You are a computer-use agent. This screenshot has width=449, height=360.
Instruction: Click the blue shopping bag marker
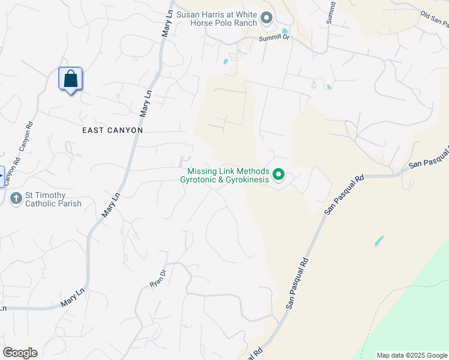(70, 79)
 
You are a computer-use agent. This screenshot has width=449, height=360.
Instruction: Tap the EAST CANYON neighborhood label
(113, 130)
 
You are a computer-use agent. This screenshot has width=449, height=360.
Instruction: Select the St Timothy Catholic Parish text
(53, 199)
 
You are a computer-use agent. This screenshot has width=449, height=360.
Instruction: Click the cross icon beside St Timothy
(16, 198)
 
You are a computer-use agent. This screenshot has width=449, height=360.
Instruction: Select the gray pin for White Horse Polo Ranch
(267, 19)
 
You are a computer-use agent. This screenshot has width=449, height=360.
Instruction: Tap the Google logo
(20, 353)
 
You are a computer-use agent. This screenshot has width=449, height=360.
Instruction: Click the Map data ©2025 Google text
(412, 355)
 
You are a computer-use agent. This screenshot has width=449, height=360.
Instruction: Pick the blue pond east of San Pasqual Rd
(379, 241)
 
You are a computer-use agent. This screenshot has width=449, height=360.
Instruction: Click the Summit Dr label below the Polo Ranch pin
(274, 38)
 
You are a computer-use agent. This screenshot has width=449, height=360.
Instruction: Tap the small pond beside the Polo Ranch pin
(285, 31)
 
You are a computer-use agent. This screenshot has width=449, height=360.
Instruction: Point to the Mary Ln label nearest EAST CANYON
(146, 103)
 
